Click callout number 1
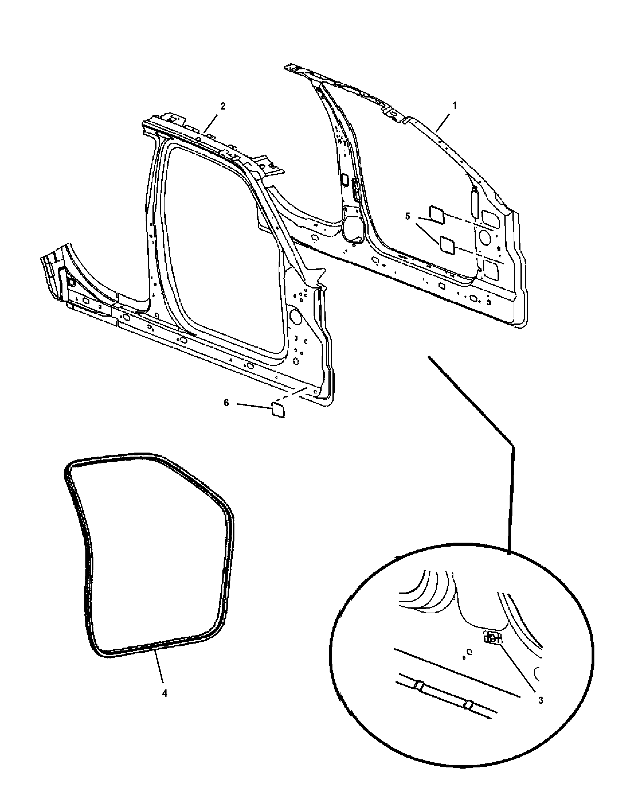click(x=454, y=106)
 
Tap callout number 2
click(x=223, y=106)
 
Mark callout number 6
click(x=226, y=403)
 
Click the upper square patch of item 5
click(x=437, y=215)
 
